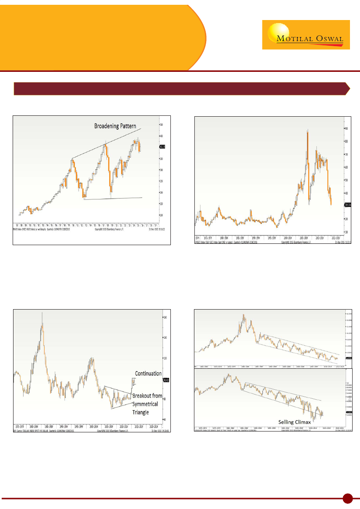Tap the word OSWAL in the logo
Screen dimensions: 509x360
pos(327,38)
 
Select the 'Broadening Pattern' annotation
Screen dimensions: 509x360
pos(115,126)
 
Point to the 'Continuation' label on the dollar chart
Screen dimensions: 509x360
pos(148,373)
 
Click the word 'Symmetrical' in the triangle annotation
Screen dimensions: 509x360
pos(147,404)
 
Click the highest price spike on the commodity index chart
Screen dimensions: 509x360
pos(308,130)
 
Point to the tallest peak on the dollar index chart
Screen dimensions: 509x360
pos(42,313)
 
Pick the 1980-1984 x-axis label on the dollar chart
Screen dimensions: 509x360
pos(38,427)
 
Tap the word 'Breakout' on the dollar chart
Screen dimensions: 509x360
pos(141,396)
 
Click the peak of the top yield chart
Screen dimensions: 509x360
pos(244,315)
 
